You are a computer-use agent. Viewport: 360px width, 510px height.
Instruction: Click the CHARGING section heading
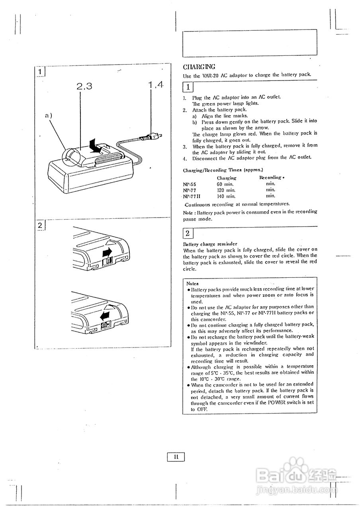[199, 67]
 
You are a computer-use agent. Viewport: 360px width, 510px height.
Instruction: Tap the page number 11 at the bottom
[176, 457]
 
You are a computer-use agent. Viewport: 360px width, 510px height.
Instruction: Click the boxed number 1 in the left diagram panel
[40, 72]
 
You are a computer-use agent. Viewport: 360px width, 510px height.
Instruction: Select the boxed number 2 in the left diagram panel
[40, 225]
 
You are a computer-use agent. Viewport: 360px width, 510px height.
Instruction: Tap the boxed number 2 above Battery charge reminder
[188, 233]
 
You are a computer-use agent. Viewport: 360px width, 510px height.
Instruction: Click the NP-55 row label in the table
[190, 184]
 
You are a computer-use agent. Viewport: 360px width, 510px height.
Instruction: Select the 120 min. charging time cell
[226, 190]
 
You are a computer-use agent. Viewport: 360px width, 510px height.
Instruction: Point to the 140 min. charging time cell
[226, 196]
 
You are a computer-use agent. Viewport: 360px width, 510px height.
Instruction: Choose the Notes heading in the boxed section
[193, 283]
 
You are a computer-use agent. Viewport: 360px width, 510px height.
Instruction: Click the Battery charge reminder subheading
[210, 243]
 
